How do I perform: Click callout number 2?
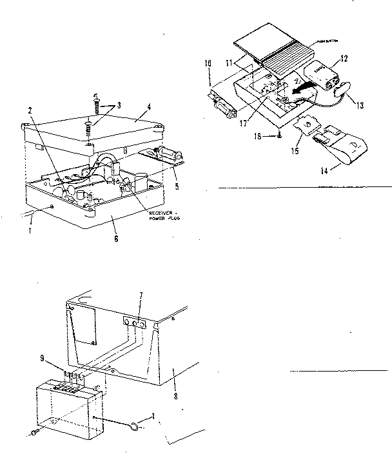(x=30, y=108)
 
